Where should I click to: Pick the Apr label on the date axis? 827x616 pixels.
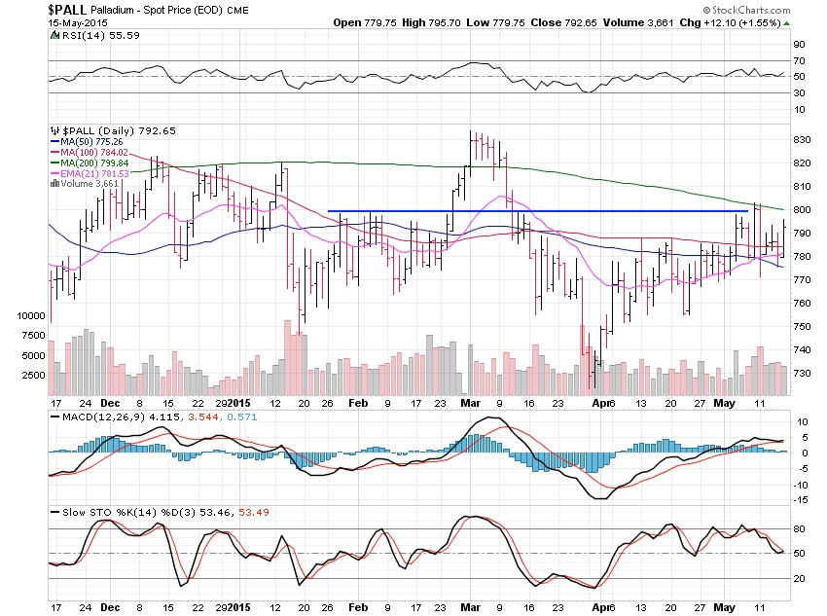pyautogui.click(x=600, y=402)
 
